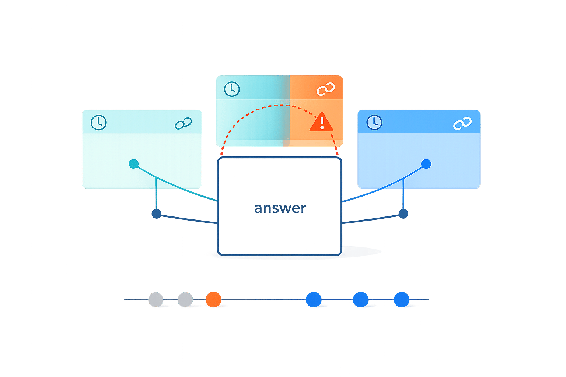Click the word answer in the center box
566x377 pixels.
click(280, 208)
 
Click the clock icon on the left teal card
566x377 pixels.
click(98, 123)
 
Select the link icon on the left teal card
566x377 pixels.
click(183, 123)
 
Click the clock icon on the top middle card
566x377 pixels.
click(232, 89)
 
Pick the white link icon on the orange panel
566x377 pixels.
click(326, 89)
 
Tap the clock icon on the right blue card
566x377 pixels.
click(374, 122)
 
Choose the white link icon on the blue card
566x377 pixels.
click(462, 123)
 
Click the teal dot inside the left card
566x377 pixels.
click(134, 164)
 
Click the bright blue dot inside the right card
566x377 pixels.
click(426, 164)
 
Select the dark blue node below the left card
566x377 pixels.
click(157, 214)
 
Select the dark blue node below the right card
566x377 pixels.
click(403, 214)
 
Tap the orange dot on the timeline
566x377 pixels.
click(213, 299)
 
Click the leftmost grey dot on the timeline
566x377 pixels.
click(156, 300)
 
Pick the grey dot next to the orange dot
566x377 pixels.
click(185, 300)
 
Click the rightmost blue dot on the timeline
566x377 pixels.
click(401, 299)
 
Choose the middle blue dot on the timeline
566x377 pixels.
click(361, 299)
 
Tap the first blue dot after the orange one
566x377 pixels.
click(314, 299)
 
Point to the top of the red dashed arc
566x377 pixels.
click(279, 105)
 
